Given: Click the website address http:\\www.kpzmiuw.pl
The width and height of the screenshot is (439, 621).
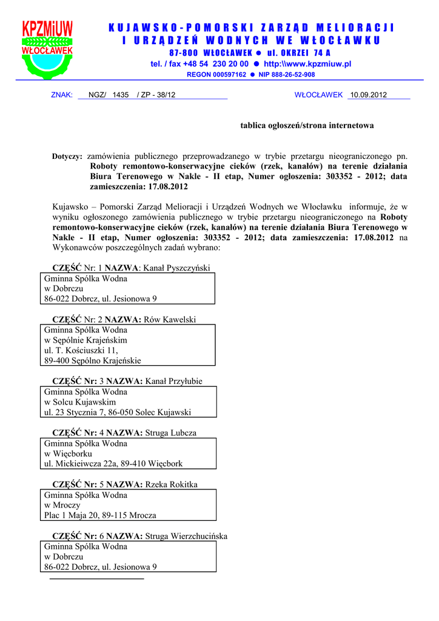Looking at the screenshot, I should pos(307,64).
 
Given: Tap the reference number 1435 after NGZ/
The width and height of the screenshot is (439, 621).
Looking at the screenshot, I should pos(121,95).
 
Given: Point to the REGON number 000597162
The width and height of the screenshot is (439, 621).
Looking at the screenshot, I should pos(225,75).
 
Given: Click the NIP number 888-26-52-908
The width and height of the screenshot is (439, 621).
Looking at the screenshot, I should pos(287,75).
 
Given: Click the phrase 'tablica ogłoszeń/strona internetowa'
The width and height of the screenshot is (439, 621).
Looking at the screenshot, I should pos(307,126).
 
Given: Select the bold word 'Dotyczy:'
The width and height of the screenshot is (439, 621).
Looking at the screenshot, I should pos(67,156).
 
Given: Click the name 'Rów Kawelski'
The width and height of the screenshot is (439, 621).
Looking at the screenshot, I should pos(171,319).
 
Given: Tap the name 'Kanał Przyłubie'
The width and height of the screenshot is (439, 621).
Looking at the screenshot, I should pos(174,381).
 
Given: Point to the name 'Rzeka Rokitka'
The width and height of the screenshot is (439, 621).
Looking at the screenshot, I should pos(172,485).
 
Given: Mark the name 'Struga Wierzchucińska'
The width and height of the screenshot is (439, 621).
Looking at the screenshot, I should pos(186,536).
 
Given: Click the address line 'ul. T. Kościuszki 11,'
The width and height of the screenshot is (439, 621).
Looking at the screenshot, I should pos(81,351).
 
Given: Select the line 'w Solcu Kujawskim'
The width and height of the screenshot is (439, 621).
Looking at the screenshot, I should pos(80,402).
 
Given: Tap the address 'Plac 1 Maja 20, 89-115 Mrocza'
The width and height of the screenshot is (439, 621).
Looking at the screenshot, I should pos(100,515).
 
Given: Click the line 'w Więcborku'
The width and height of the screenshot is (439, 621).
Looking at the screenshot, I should pos(68,454).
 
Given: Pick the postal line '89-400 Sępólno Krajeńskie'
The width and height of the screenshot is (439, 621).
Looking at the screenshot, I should pos(93,361).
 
